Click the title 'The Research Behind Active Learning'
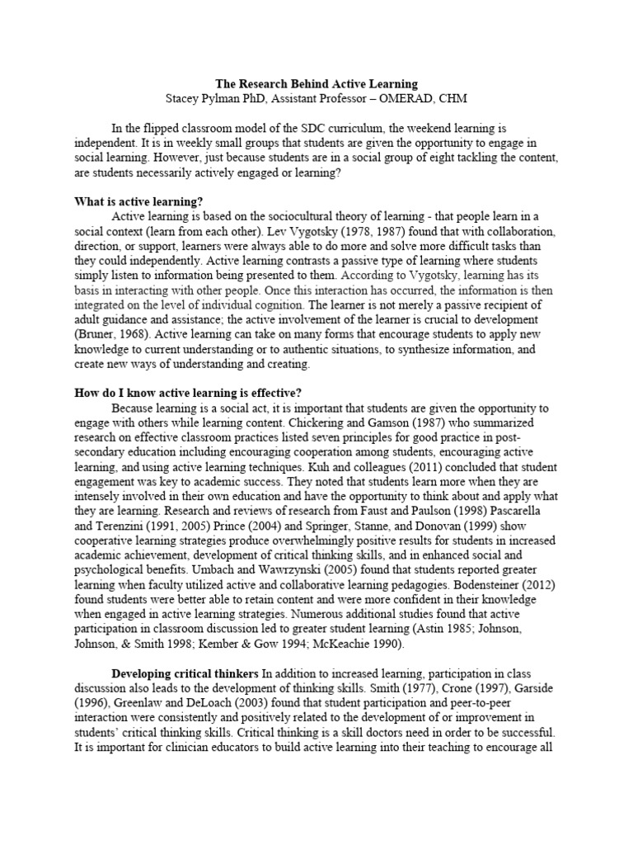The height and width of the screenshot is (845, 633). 316,84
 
